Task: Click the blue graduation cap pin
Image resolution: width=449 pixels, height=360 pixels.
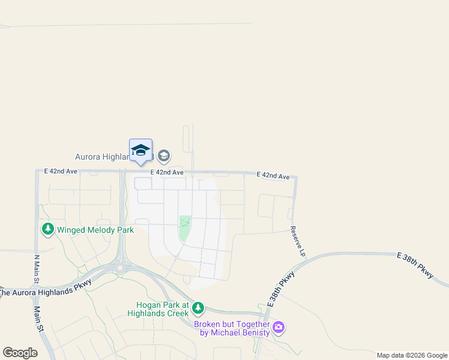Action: tap(140, 150)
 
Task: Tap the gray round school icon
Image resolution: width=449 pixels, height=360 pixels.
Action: tap(164, 157)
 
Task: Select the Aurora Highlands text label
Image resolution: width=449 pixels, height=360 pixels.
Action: tap(102, 157)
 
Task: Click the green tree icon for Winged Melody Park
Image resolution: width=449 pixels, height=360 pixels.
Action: tap(48, 229)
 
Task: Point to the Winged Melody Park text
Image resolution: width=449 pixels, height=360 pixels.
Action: tap(95, 229)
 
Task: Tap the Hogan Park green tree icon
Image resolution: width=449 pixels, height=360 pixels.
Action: tap(198, 308)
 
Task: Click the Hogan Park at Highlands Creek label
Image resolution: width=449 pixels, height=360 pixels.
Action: tap(158, 308)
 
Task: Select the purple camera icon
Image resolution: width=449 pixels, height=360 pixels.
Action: tap(278, 328)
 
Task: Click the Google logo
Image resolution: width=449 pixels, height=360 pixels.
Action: tap(20, 352)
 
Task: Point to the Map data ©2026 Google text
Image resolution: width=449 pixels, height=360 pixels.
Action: tap(412, 355)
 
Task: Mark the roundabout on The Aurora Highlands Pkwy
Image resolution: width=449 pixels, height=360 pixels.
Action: tap(121, 268)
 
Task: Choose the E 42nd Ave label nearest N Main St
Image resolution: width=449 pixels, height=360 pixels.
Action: tap(61, 171)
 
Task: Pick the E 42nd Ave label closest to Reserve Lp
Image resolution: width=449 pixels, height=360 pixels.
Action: tap(273, 176)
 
